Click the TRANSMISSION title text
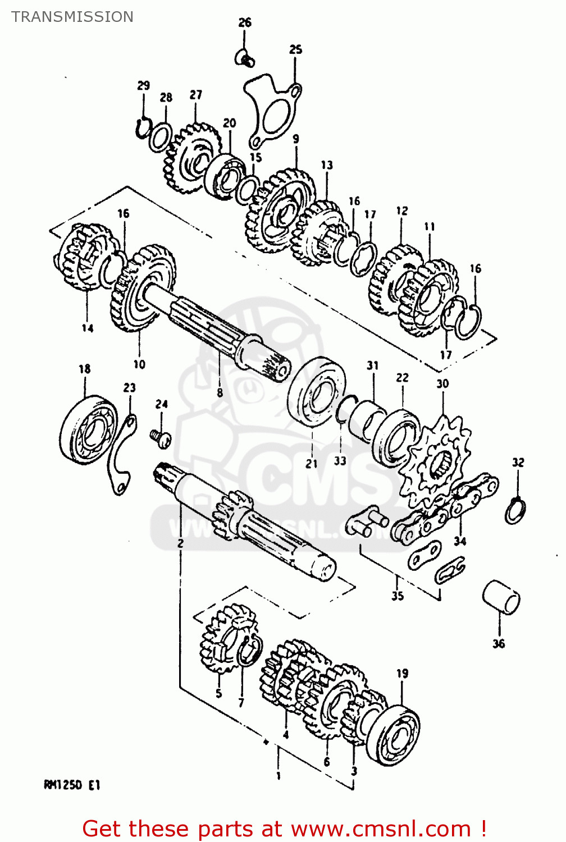click(72, 17)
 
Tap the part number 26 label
click(245, 22)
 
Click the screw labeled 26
click(245, 57)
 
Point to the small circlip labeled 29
click(143, 127)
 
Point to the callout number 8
click(220, 393)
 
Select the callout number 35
click(398, 596)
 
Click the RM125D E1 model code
click(72, 785)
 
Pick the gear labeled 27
click(191, 158)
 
